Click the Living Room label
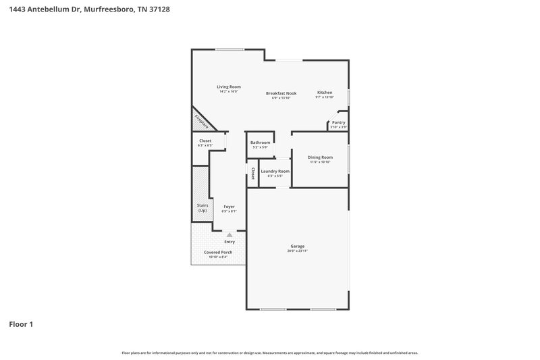228,86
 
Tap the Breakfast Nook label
281,93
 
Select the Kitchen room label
325,92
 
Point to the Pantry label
338,122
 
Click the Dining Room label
319,157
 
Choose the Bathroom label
260,143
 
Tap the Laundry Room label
275,171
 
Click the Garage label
298,246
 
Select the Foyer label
229,207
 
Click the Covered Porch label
218,253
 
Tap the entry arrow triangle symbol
230,234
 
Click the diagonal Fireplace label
201,121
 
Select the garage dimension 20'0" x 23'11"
298,251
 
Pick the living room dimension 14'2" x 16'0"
228,91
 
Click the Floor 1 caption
21,324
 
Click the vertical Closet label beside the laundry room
252,173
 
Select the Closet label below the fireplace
205,140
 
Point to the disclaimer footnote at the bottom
269,353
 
